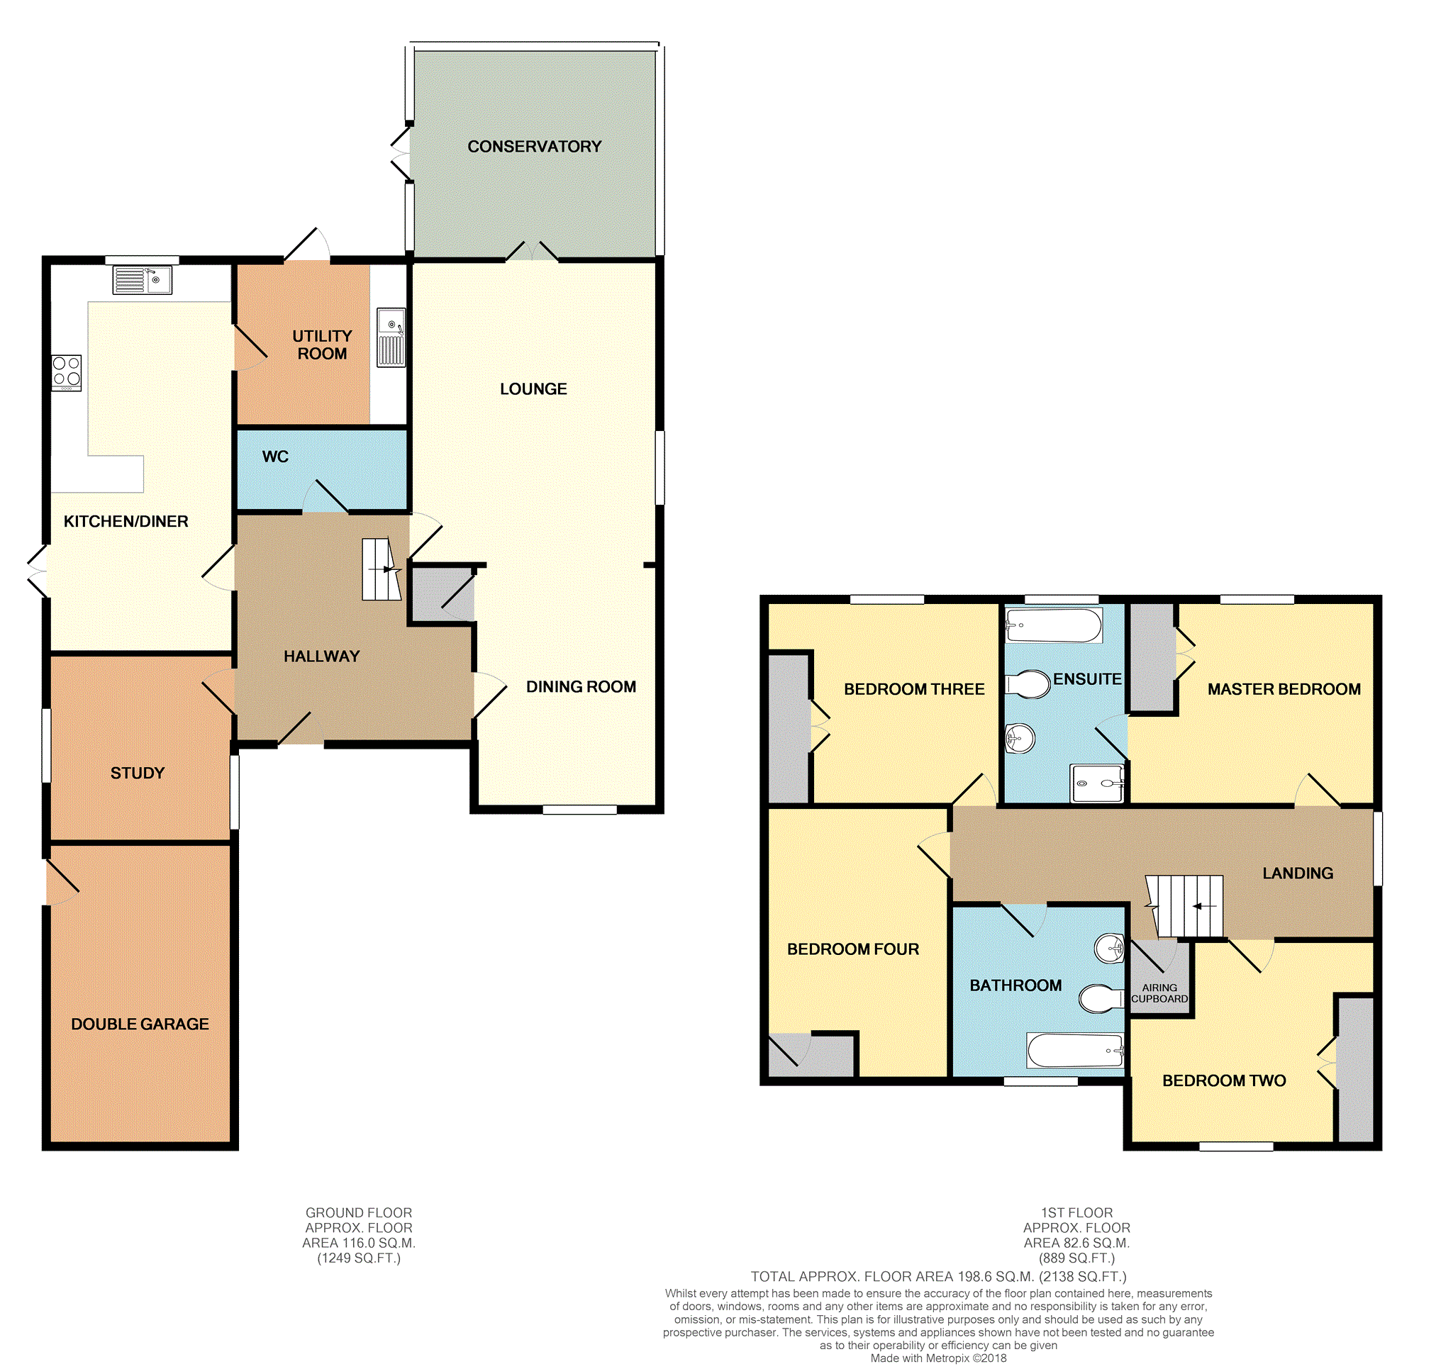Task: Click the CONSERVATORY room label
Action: point(534,147)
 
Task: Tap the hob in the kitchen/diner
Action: point(67,372)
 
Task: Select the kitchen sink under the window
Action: point(143,280)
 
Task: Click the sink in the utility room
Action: point(391,337)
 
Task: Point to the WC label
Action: point(275,457)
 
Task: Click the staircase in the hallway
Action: point(381,569)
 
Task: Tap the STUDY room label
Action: point(138,773)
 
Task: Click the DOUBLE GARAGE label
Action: point(140,1024)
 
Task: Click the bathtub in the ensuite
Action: point(1053,625)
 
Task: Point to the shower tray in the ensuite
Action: point(1096,783)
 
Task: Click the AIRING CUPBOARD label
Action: point(1159,993)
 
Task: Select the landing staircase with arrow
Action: point(1186,905)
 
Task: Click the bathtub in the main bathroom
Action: point(1074,1050)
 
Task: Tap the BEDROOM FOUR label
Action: point(852,949)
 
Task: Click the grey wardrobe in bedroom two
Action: point(1356,1069)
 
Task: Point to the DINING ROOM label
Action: point(581,687)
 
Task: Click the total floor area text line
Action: point(938,1276)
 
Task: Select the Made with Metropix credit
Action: point(938,1358)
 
